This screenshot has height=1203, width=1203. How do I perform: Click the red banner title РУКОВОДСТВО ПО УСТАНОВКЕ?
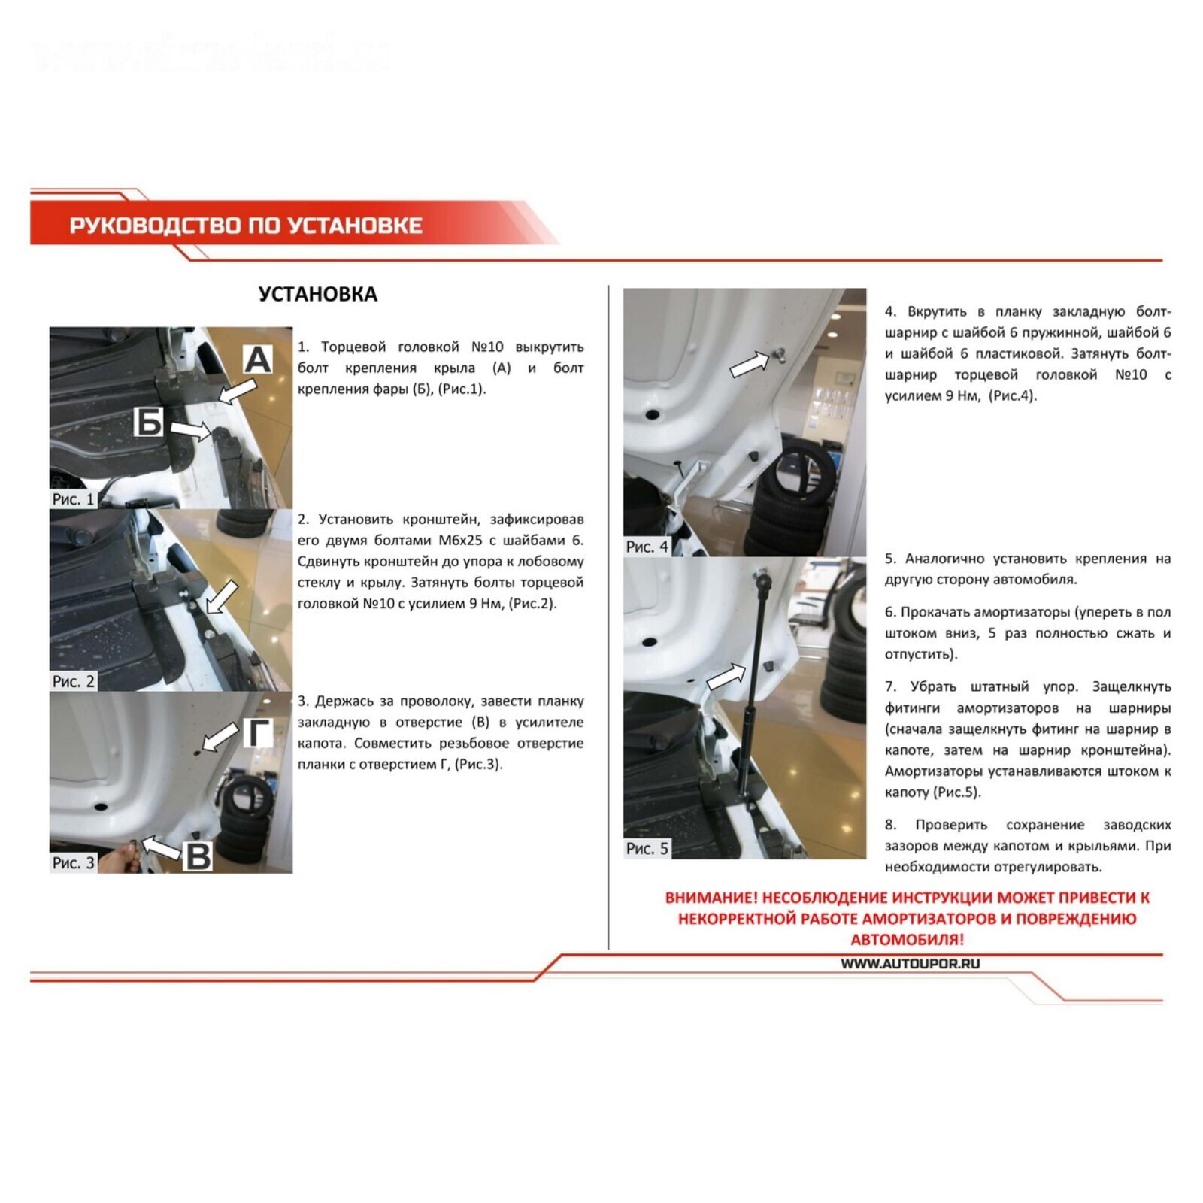(246, 226)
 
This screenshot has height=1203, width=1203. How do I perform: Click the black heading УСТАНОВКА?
(317, 294)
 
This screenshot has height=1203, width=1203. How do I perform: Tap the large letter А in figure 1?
(257, 359)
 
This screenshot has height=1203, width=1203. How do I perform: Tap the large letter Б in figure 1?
(149, 422)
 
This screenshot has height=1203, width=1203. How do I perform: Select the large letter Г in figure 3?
(260, 732)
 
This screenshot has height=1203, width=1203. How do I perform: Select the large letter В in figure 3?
(198, 856)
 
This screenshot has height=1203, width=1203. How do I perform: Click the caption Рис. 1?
(73, 499)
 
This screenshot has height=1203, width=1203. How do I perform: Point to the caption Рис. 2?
(73, 681)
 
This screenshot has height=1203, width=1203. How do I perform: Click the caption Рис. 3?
(73, 863)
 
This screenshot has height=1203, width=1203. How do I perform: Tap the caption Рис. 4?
(647, 547)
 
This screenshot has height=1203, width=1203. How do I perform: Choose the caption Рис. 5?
(647, 848)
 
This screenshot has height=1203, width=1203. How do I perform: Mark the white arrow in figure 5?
(726, 676)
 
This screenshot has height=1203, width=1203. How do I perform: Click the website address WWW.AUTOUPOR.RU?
(910, 963)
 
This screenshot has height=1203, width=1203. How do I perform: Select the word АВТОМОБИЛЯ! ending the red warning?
(907, 939)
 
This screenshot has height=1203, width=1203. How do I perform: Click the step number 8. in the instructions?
(891, 825)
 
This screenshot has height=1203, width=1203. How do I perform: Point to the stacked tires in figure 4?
(789, 500)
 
